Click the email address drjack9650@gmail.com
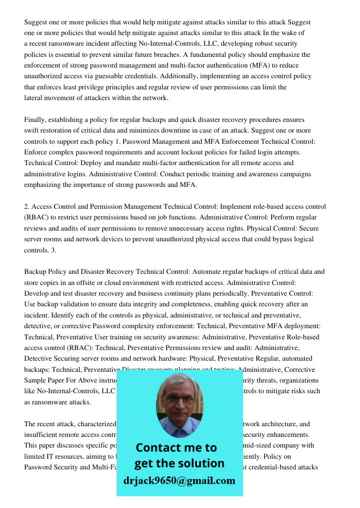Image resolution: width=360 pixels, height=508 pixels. [179, 481]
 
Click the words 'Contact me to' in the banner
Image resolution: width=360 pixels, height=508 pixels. [176, 448]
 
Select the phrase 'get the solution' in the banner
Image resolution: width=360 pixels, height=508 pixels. [179, 463]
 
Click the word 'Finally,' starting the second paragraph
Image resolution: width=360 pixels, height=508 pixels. [36, 120]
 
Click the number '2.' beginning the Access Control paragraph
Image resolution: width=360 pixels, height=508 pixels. [27, 207]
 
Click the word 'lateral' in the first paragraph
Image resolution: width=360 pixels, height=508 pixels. [34, 98]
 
